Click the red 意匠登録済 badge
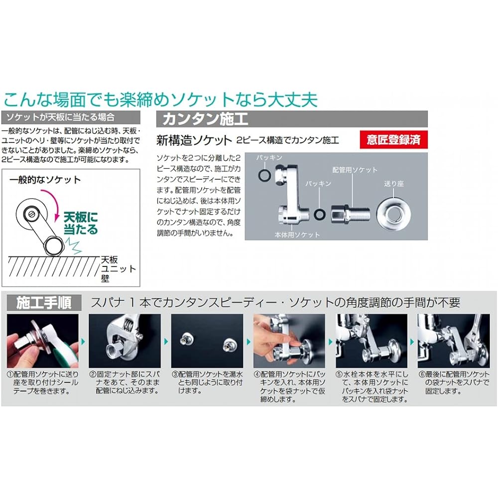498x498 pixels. pos(393,140)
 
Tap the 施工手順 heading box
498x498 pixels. pos(44,303)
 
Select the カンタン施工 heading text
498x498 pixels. pos(205,119)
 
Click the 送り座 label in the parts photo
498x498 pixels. pos(393,184)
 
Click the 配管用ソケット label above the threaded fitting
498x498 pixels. pos(355,170)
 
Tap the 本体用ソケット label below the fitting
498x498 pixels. pos(297,235)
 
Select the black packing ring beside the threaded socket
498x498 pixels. pos(320,214)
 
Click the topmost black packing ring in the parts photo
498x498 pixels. pos(264,175)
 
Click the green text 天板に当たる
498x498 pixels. pos(81,223)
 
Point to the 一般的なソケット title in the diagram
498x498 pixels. pos(45,180)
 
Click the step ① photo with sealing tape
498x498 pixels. pos(42,341)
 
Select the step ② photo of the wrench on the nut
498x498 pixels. pos(125,341)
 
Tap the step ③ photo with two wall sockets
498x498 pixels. pos(207,341)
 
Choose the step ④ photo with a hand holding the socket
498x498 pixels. pos(289,341)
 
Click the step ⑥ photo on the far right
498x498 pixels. pos(454,341)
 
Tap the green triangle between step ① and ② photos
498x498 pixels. pos(84,342)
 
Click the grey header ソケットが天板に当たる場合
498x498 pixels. pos(71,117)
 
